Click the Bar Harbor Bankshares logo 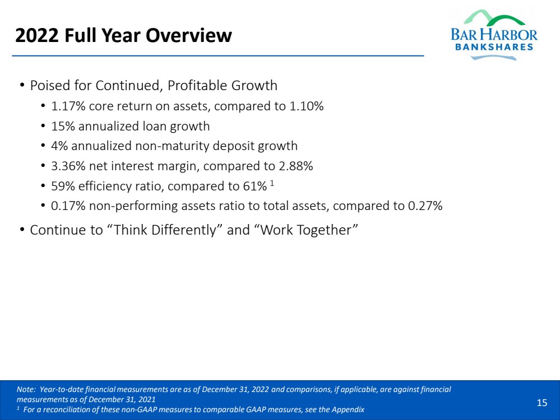(493, 34)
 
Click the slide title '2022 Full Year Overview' (123, 36)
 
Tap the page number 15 (542, 403)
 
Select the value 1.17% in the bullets (66, 106)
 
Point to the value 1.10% (307, 106)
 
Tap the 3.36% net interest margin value (66, 166)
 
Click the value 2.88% (295, 166)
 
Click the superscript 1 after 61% (272, 183)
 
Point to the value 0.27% (425, 206)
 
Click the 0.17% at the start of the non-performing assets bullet (66, 206)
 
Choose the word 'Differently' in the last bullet (187, 230)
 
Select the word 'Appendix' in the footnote (350, 410)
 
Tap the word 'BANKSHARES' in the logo (494, 47)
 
